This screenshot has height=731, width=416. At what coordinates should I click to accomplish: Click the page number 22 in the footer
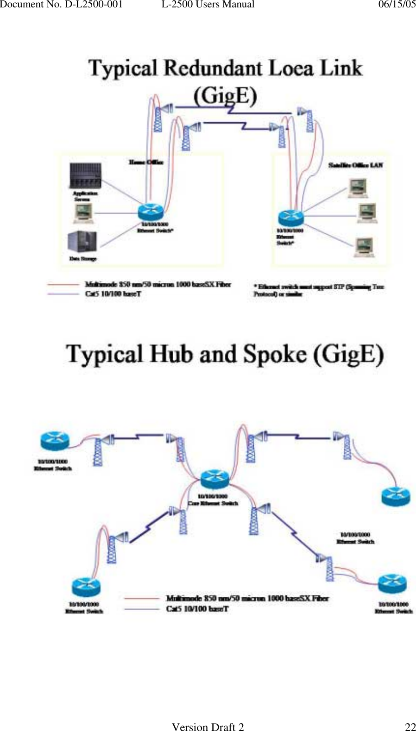click(410, 727)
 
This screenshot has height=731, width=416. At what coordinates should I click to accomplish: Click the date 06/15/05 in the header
click(397, 5)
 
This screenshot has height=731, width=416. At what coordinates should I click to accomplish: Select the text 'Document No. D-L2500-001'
click(61, 5)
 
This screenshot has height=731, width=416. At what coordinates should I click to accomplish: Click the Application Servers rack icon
click(85, 175)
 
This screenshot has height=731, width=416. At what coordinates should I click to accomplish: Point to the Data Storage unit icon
click(82, 242)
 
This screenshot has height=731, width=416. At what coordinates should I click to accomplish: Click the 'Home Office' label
click(145, 162)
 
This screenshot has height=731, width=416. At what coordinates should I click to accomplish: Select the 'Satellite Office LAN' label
click(355, 165)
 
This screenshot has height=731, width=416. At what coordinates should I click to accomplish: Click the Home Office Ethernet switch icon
click(151, 212)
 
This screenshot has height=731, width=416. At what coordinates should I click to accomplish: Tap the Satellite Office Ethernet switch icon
click(290, 217)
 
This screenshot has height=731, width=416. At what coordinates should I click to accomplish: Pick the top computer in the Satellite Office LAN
click(358, 188)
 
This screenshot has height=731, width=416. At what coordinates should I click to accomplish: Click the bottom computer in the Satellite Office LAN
click(364, 247)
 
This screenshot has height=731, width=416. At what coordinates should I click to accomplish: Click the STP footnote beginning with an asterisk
click(319, 290)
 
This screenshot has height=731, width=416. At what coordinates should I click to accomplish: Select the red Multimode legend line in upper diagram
click(63, 284)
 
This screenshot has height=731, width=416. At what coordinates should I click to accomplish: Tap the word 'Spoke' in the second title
click(275, 355)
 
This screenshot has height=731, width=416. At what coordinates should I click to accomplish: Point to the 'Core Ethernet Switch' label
click(213, 503)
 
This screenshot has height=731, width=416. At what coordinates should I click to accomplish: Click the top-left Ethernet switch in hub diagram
click(55, 441)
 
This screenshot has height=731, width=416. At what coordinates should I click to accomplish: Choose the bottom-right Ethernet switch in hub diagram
click(392, 584)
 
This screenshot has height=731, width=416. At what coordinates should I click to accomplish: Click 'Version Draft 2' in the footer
click(208, 727)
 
